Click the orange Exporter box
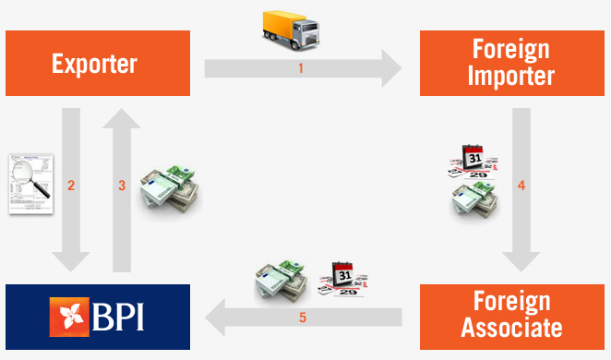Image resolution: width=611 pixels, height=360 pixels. click(96, 64)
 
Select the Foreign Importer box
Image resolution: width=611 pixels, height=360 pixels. click(510, 64)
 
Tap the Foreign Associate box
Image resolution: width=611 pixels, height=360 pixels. click(510, 316)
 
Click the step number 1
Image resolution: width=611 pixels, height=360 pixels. click(301, 68)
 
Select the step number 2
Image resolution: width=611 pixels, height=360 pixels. click(71, 186)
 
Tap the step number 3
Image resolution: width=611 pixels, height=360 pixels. click(122, 186)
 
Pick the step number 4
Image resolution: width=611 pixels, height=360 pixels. click(521, 186)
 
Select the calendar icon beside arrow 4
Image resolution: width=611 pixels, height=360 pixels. click(474, 160)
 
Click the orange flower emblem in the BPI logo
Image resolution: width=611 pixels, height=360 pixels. click(70, 317)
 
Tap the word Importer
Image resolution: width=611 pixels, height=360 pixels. click(510, 77)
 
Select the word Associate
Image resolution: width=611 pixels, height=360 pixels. click(510, 329)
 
